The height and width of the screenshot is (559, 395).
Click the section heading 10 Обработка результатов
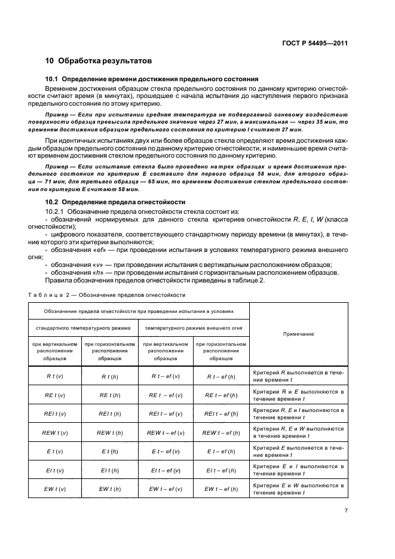(x=99, y=61)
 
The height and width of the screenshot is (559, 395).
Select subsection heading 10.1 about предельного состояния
(x=152, y=79)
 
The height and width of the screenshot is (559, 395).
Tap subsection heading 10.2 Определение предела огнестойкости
(x=115, y=202)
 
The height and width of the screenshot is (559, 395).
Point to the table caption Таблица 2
(x=106, y=295)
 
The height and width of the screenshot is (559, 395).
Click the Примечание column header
(x=299, y=334)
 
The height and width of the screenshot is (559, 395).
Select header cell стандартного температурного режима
(x=83, y=328)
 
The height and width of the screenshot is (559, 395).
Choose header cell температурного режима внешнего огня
(x=194, y=328)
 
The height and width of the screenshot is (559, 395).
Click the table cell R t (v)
(x=56, y=376)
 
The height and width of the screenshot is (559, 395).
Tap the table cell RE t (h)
(x=111, y=395)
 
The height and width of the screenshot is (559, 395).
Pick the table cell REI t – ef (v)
(x=166, y=413)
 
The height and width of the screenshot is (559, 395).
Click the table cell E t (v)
(x=56, y=451)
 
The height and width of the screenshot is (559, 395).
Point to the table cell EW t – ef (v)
(x=166, y=489)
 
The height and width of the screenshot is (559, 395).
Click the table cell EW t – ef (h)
(x=221, y=489)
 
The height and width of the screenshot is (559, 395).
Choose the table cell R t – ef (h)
(x=221, y=376)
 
